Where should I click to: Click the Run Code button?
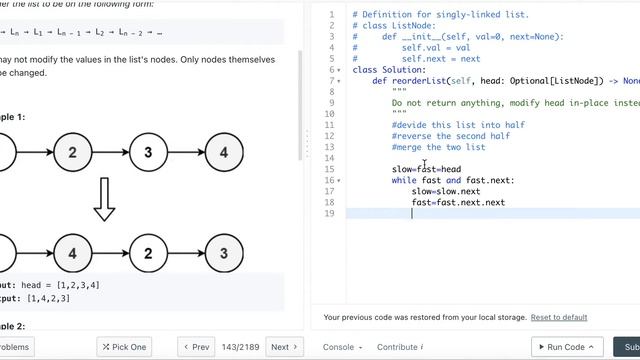coord(565,347)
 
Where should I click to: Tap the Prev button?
coord(196,347)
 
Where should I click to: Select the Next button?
coord(285,347)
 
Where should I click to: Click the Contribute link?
coord(399,347)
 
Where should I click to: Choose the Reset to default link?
coord(559,317)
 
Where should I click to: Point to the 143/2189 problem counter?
coord(241,347)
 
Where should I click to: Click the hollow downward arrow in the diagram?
coord(104,201)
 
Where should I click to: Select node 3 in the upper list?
coord(148,153)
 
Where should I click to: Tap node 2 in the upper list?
coord(72,153)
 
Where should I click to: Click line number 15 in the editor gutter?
coord(329,169)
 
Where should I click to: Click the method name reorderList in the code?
coord(419,81)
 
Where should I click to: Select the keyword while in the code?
coord(404,180)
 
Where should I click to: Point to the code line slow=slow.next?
coord(446,191)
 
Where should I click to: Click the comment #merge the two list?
coord(438,147)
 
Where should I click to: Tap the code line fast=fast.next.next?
coord(458,202)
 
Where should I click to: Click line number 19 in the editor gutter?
coord(329,213)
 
